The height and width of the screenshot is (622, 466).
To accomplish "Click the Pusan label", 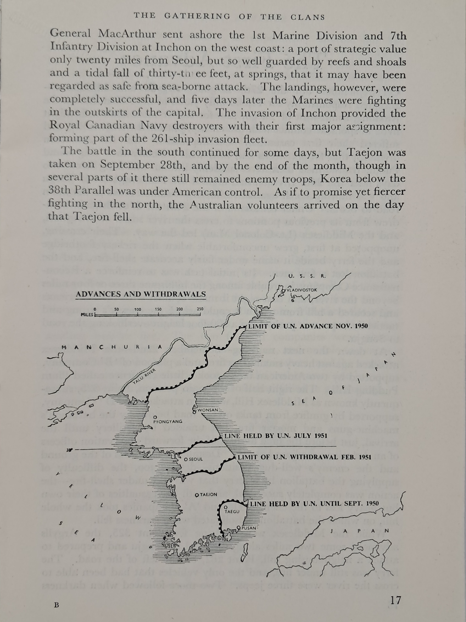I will [x=249, y=528].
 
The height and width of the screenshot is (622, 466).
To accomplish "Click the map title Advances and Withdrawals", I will [x=141, y=294].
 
